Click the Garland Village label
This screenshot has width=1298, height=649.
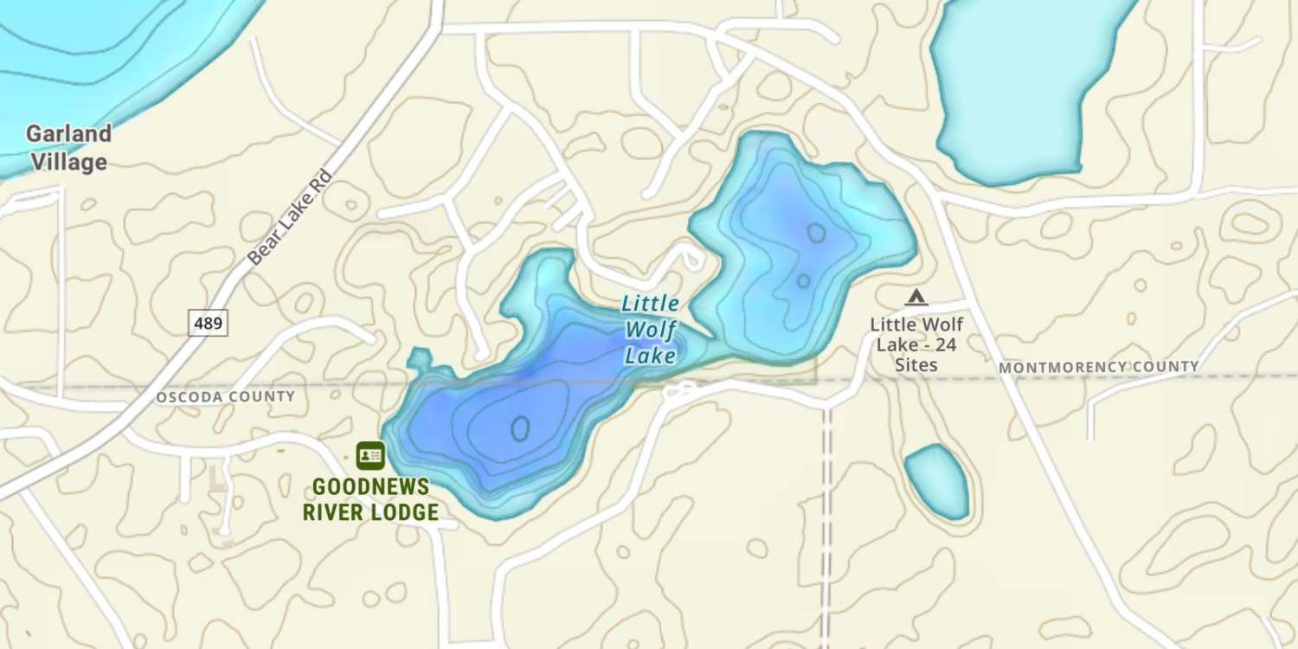coord(68,148)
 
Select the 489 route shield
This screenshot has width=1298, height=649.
coord(209,324)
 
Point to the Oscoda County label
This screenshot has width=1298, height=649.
coord(225,396)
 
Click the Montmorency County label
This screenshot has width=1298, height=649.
coord(1098,367)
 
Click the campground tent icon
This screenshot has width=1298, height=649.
coord(916,299)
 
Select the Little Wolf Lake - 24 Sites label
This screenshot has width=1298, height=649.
coord(916,344)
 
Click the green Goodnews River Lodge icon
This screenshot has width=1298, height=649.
coord(370,455)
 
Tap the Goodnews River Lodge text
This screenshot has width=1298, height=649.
coord(370,499)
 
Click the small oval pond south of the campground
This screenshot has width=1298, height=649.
coord(937,481)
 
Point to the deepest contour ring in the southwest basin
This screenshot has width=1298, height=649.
coord(520,427)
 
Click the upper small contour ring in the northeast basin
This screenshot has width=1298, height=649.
coord(815,233)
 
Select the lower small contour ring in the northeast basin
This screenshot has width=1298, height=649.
coord(803,281)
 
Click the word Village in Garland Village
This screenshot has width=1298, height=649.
coord(68,162)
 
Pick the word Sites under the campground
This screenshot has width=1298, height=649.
coord(916,364)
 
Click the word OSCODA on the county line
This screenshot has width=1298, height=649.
coord(186,396)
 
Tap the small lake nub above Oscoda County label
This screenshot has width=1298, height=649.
coord(420,357)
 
